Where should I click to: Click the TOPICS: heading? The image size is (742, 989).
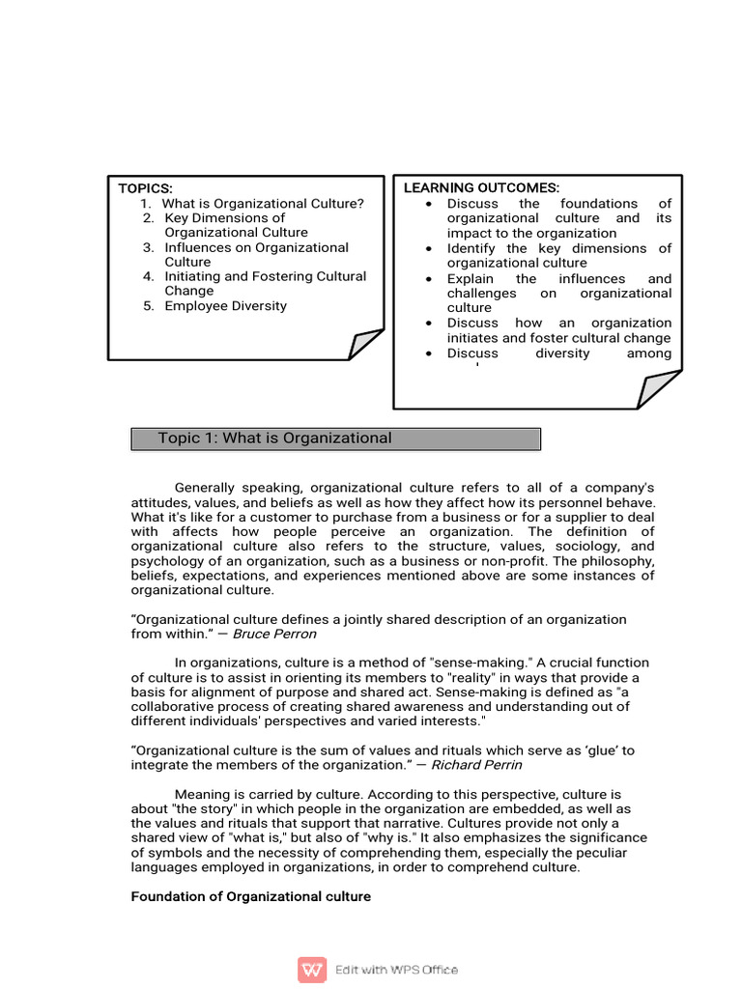point(145,188)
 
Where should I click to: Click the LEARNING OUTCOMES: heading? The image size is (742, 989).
point(481,187)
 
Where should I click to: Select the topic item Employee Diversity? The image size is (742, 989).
point(225,306)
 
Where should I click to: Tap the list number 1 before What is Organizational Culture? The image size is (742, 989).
point(145,203)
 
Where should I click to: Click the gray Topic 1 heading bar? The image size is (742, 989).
point(335,438)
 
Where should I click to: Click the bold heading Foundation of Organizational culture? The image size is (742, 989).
point(250,896)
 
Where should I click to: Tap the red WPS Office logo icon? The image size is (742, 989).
point(312,969)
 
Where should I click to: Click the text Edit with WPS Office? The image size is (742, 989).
point(396,970)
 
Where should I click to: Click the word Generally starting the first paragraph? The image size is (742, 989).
point(207,488)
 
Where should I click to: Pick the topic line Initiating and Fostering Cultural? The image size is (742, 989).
point(265,276)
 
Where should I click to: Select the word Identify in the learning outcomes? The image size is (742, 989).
point(471,248)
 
